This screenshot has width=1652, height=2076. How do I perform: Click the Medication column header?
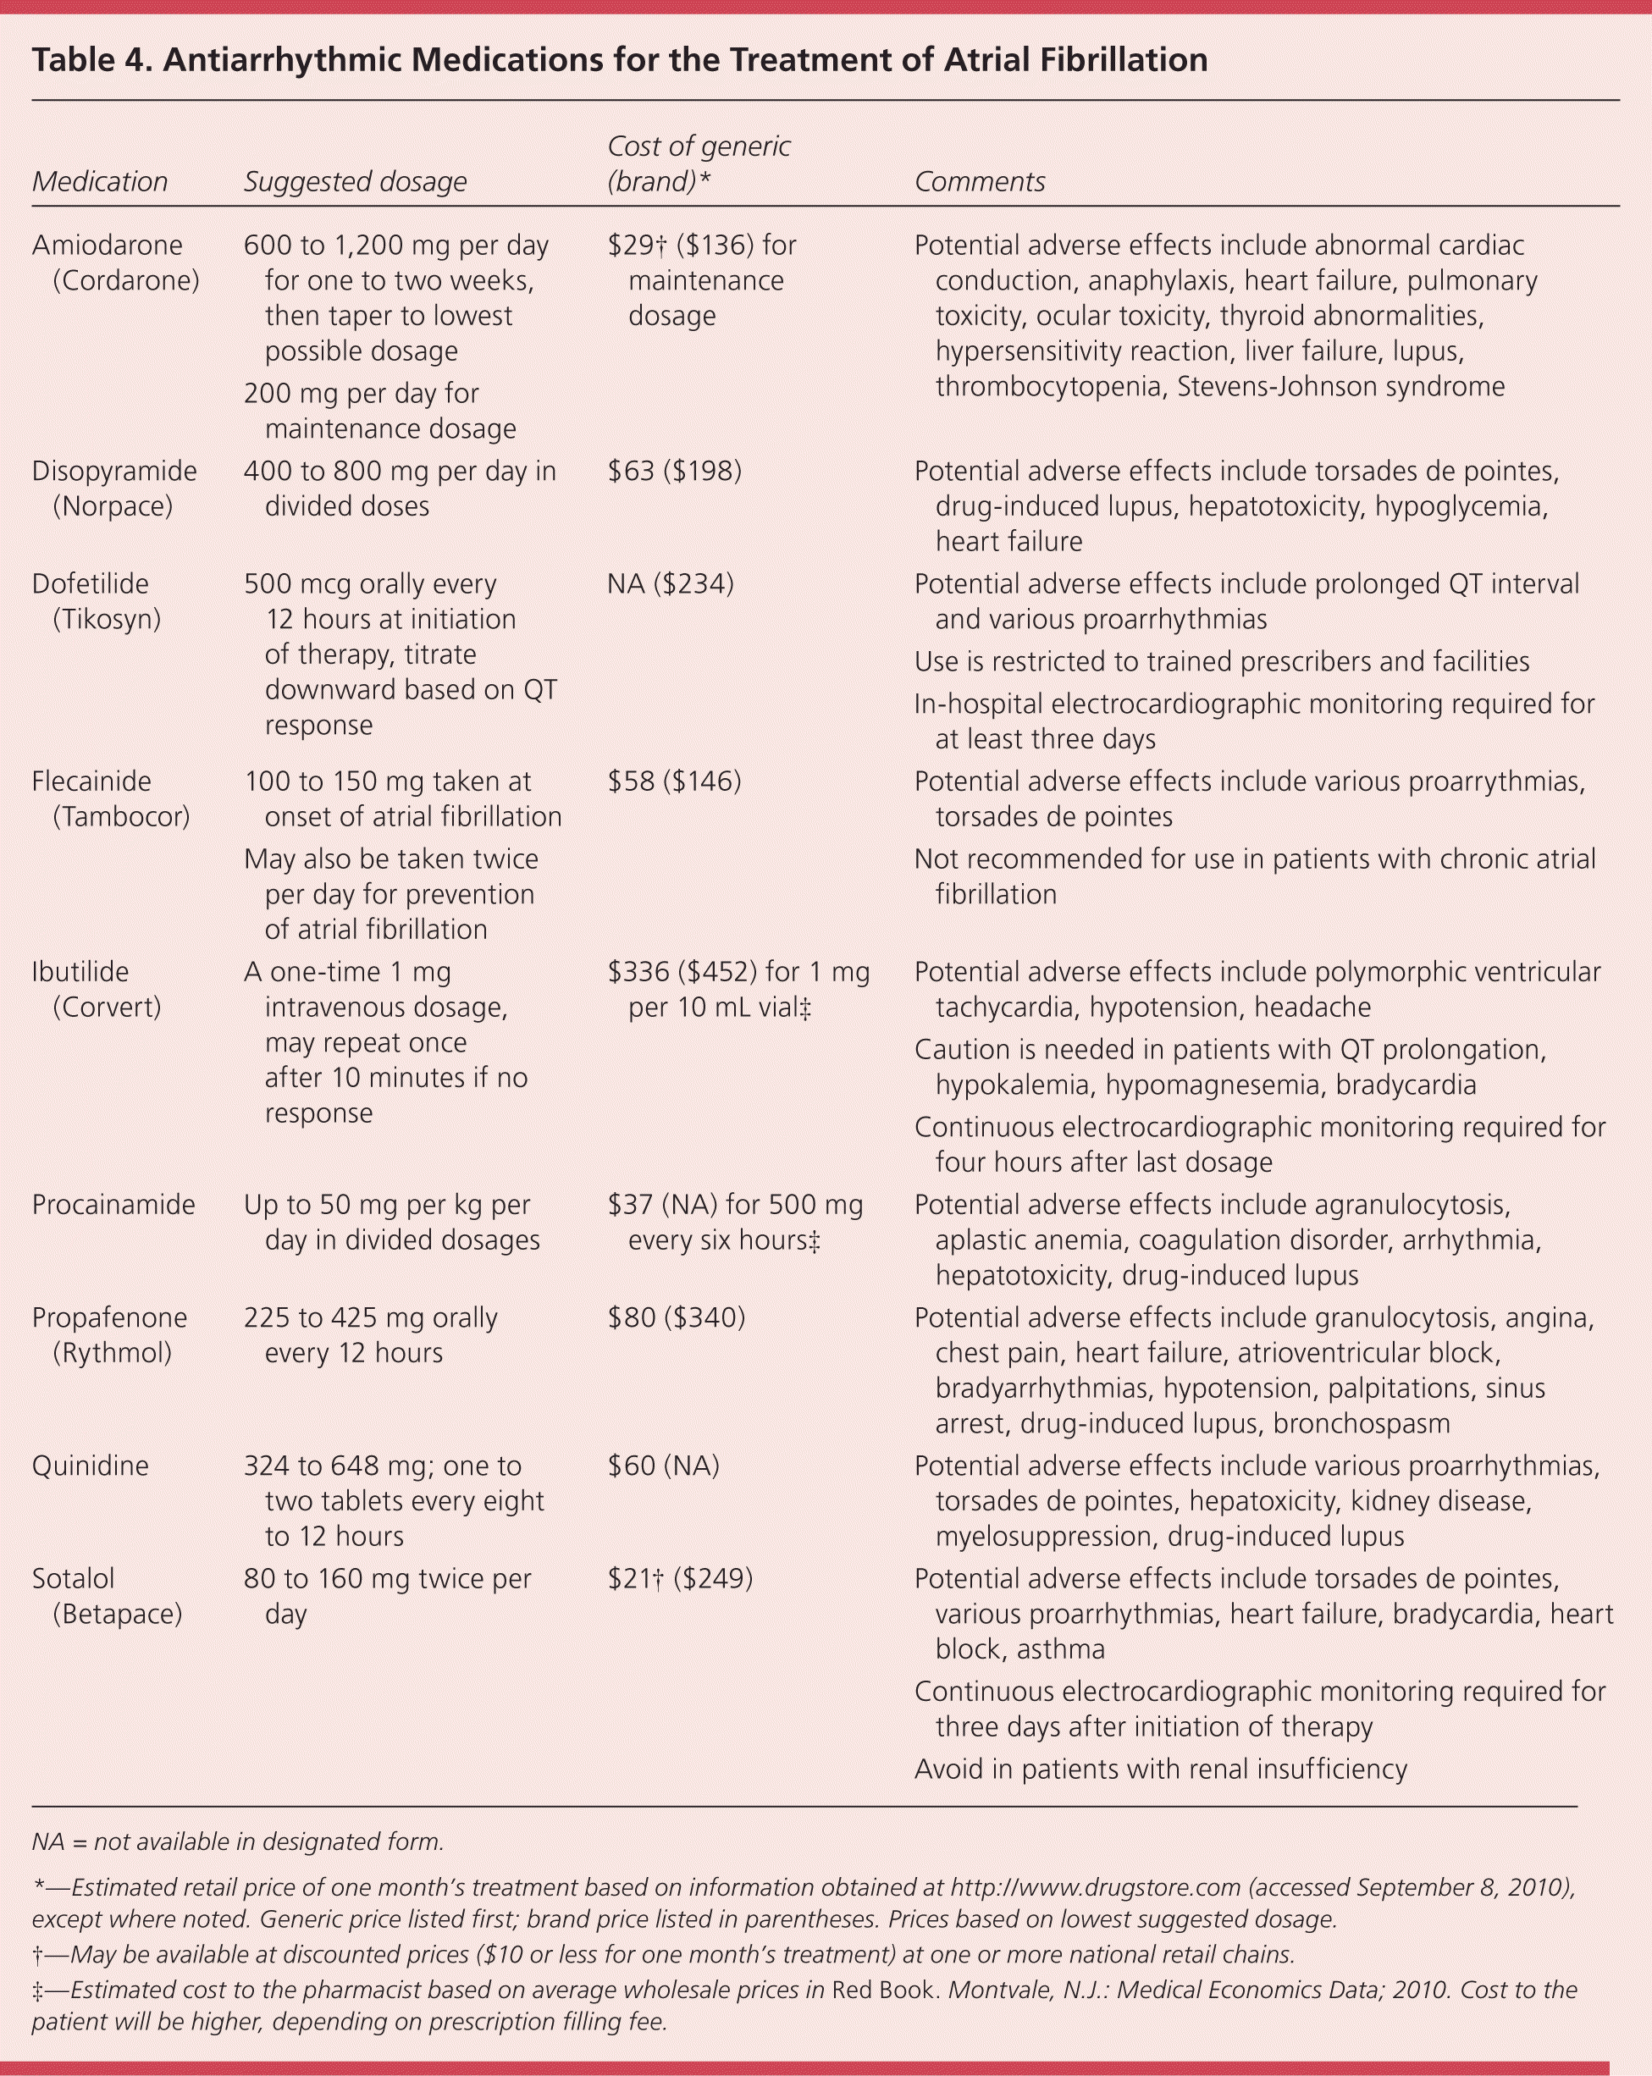[x=99, y=181]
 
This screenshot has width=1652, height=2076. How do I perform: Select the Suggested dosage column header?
[x=355, y=181]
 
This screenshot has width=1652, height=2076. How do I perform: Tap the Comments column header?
[x=979, y=181]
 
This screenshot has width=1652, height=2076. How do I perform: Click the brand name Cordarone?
[x=126, y=280]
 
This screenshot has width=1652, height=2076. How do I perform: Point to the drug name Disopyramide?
[x=113, y=471]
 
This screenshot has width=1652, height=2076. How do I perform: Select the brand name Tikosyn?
[x=107, y=618]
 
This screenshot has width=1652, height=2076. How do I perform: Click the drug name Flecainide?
[x=91, y=781]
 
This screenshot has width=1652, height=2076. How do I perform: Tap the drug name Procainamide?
[x=113, y=1205]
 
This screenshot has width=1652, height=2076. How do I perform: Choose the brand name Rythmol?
[x=112, y=1352]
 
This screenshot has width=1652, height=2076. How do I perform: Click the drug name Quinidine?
[x=90, y=1466]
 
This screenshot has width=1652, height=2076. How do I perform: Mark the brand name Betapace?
[x=118, y=1613]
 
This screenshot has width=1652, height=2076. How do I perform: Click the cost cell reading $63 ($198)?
[x=674, y=471]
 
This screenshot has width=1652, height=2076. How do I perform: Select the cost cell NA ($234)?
[x=671, y=583]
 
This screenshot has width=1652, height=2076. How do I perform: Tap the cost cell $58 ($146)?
[x=674, y=781]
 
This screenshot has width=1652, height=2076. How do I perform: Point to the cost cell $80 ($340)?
[x=677, y=1317]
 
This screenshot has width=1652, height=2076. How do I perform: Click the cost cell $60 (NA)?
[x=664, y=1466]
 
